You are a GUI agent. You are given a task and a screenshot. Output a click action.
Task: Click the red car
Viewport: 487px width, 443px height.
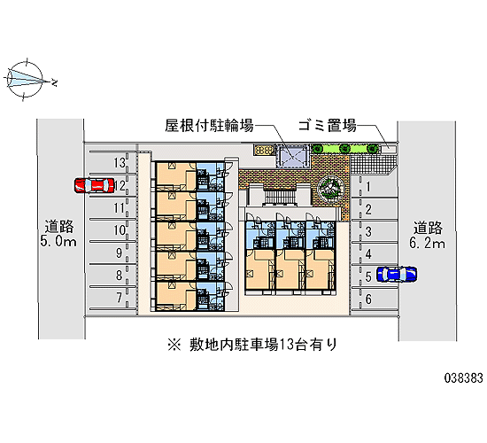pyautogui.click(x=95, y=185)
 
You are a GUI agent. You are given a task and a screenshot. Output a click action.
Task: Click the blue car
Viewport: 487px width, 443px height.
pyautogui.click(x=397, y=274)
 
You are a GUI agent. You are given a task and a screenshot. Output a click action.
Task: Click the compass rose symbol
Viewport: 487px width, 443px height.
pyautogui.click(x=25, y=79)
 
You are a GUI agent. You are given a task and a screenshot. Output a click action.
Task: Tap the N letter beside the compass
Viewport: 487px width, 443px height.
pyautogui.click(x=55, y=82)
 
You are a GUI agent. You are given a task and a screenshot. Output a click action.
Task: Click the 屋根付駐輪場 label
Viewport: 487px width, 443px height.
pyautogui.click(x=209, y=126)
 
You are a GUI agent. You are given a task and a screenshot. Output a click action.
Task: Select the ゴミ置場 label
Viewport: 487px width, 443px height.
pyautogui.click(x=327, y=126)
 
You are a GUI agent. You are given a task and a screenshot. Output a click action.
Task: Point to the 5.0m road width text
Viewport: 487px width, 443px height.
pyautogui.click(x=58, y=241)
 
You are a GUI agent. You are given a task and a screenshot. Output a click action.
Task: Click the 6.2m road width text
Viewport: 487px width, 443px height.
pyautogui.click(x=428, y=243)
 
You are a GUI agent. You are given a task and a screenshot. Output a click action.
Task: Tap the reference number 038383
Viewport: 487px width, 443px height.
pyautogui.click(x=464, y=378)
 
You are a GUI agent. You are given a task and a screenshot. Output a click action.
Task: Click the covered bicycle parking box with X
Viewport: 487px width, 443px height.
pyautogui.click(x=292, y=156)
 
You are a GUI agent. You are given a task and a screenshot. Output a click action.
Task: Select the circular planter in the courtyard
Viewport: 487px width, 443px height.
pyautogui.click(x=331, y=188)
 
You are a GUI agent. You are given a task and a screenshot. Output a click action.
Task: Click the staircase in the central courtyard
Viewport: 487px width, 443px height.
pyautogui.click(x=280, y=196)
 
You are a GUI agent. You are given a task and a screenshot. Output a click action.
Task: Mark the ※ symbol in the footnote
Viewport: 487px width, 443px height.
pyautogui.click(x=174, y=345)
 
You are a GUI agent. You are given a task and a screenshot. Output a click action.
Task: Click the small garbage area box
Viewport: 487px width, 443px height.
pyautogui.click(x=389, y=149)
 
